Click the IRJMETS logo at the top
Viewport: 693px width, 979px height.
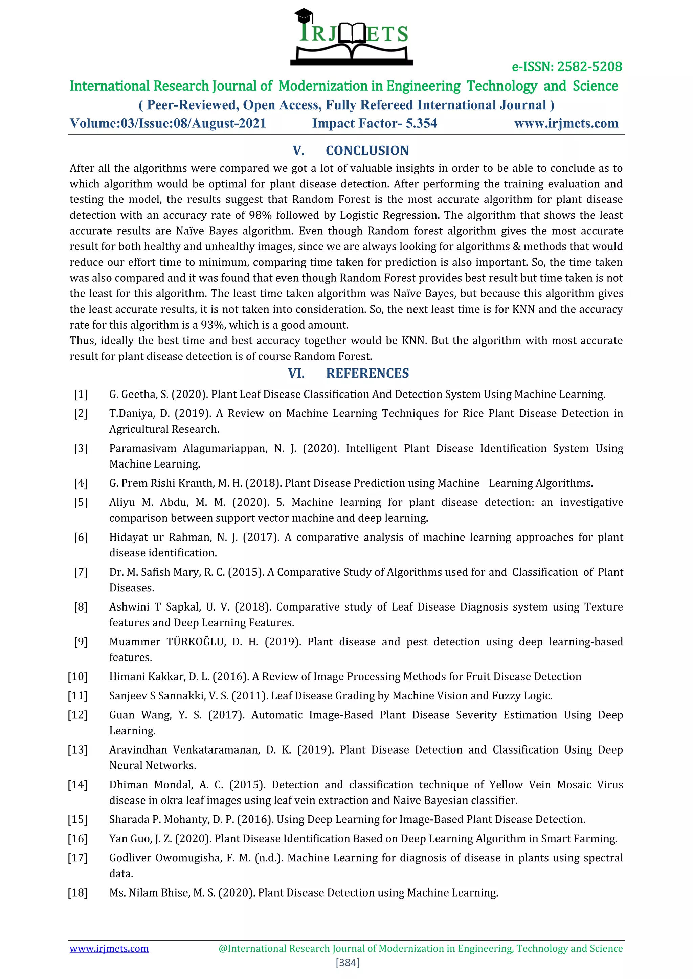click(351, 38)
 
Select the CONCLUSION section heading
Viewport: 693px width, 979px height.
click(367, 150)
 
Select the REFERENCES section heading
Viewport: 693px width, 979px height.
click(367, 373)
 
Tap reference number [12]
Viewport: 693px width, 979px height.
click(78, 715)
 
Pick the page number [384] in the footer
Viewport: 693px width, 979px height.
click(348, 962)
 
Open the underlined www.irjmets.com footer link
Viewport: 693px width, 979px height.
click(109, 948)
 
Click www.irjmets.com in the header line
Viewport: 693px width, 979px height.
click(566, 123)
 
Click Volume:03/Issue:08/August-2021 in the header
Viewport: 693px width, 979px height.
click(168, 123)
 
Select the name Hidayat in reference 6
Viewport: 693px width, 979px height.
click(128, 537)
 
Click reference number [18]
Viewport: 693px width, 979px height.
click(78, 892)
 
